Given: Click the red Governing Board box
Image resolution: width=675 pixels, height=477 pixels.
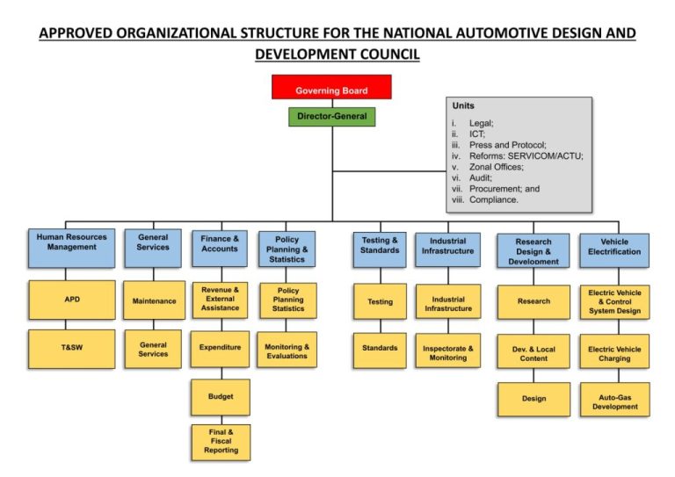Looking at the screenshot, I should pyautogui.click(x=331, y=88).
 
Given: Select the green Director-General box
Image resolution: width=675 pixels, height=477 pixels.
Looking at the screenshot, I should pyautogui.click(x=331, y=115).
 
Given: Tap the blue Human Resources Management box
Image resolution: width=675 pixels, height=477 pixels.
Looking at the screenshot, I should pyautogui.click(x=71, y=248).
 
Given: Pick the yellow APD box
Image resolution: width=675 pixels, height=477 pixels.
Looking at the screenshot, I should pyautogui.click(x=71, y=300).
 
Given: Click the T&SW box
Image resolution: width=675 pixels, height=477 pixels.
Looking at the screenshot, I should pyautogui.click(x=71, y=348).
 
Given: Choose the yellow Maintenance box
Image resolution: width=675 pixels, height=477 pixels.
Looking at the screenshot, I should pyautogui.click(x=154, y=300).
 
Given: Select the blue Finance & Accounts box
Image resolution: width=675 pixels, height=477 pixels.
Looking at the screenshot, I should pyautogui.click(x=219, y=248).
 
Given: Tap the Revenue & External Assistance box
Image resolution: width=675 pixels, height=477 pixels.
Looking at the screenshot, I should pyautogui.click(x=221, y=300).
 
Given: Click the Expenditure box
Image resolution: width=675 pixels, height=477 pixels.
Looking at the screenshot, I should pyautogui.click(x=220, y=348).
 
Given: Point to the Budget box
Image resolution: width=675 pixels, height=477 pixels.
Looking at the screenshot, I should pyautogui.click(x=221, y=397).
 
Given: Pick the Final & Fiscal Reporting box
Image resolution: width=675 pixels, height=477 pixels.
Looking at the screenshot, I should pyautogui.click(x=221, y=442).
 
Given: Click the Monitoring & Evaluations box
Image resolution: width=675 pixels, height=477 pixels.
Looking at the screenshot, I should pyautogui.click(x=287, y=350).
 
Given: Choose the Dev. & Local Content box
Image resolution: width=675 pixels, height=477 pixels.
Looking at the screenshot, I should pyautogui.click(x=533, y=352).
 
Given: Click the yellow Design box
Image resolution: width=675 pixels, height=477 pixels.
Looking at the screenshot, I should pyautogui.click(x=533, y=399).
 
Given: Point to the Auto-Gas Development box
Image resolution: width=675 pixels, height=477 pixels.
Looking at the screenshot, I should pyautogui.click(x=614, y=401).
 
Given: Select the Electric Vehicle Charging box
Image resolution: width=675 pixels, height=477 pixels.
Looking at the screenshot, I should pyautogui.click(x=614, y=353).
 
